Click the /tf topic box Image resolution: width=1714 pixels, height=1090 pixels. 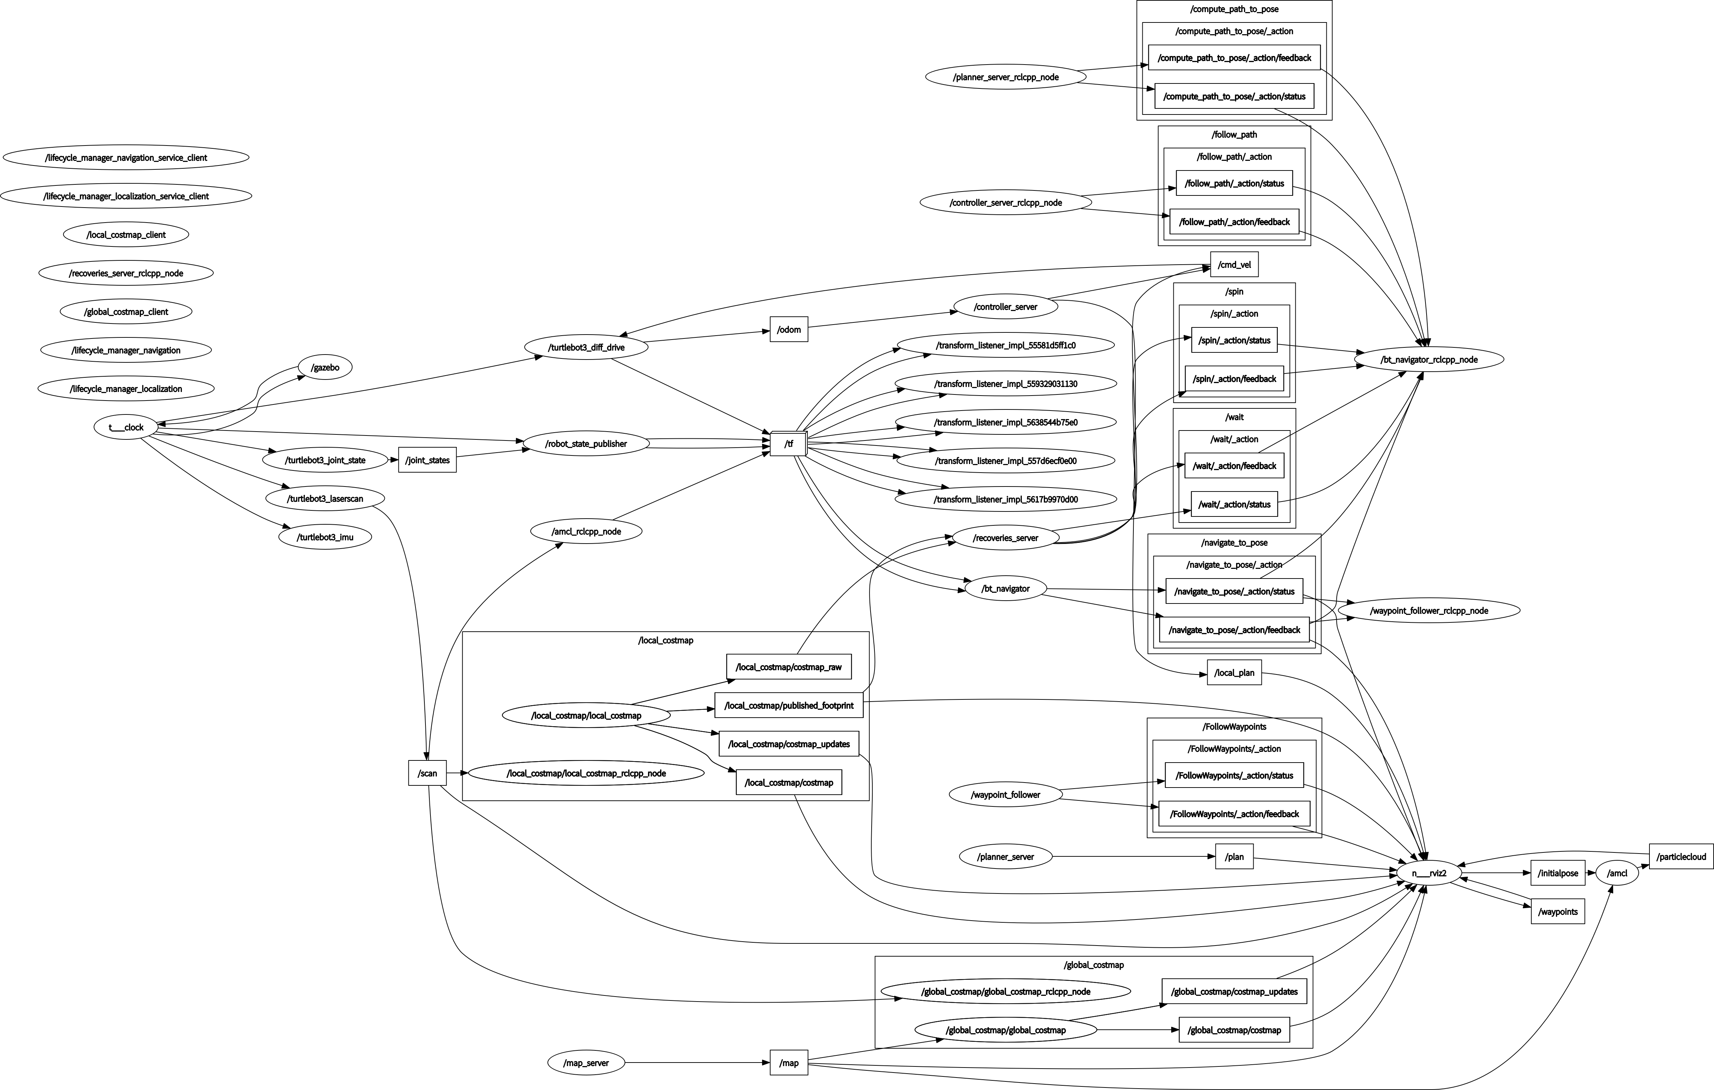(788, 444)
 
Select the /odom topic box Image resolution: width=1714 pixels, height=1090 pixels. (789, 330)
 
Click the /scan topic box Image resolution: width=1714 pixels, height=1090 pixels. (427, 773)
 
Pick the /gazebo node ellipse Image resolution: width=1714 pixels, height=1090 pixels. (325, 367)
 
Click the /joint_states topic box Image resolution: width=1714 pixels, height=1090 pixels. (427, 460)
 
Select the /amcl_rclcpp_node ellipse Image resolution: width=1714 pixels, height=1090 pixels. (586, 531)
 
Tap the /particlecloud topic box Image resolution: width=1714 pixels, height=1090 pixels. (1680, 856)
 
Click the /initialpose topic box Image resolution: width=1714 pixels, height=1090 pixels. (1557, 873)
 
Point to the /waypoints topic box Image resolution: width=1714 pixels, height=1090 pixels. (1557, 911)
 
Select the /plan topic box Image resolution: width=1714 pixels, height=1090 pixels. (1234, 856)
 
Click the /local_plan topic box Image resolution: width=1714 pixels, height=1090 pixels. (1234, 672)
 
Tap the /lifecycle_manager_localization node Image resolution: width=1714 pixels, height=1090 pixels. (126, 389)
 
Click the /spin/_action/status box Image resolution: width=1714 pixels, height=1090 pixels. (1234, 340)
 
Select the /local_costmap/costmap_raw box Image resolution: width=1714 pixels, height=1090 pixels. (789, 667)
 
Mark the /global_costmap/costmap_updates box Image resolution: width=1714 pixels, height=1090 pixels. (1234, 991)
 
